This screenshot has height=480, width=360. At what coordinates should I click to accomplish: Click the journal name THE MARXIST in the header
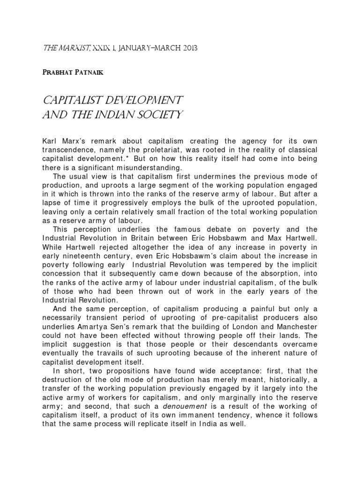(60, 48)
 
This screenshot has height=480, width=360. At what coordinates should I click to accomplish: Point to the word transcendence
(68, 149)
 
